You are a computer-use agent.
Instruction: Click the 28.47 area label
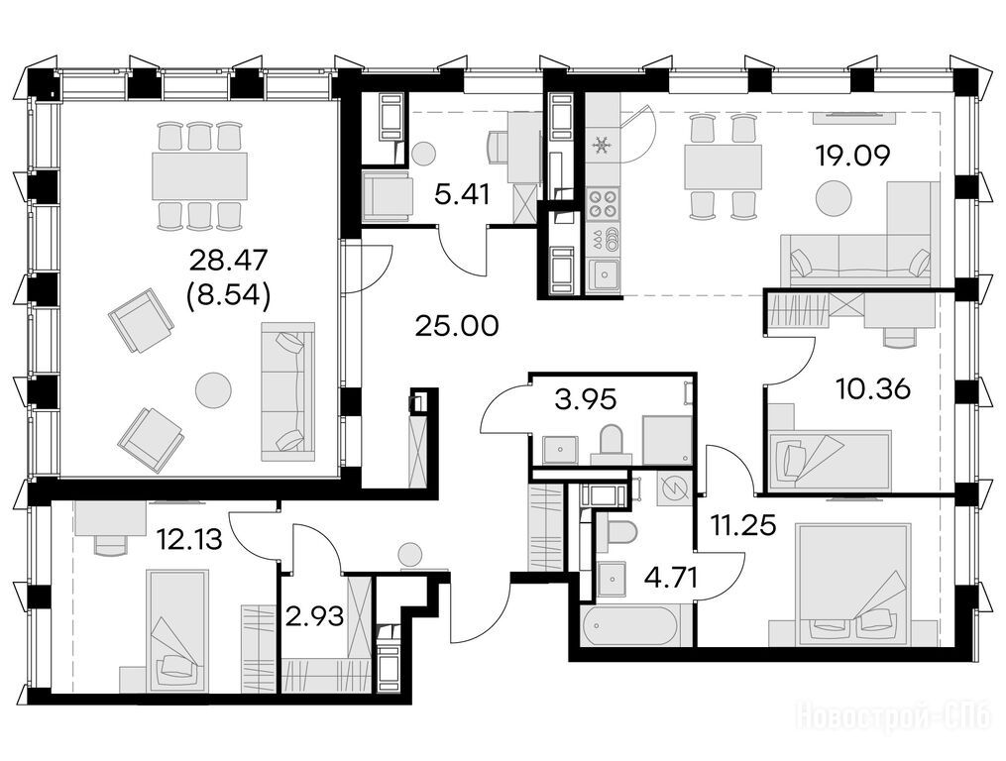(228, 262)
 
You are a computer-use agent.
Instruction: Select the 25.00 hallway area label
(457, 327)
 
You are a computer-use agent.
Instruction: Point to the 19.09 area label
(852, 156)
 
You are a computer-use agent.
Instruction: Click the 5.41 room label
(461, 194)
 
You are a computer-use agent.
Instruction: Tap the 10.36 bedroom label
(874, 388)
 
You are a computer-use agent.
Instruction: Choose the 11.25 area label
(743, 525)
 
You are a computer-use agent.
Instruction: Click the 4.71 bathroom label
(670, 575)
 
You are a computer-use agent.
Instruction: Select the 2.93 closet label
(315, 616)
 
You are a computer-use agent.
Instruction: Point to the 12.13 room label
(191, 540)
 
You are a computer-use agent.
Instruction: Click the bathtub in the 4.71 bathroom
(629, 626)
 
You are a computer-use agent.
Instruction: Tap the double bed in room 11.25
(852, 584)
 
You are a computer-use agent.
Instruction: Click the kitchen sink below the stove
(604, 275)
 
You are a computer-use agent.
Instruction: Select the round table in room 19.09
(835, 197)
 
